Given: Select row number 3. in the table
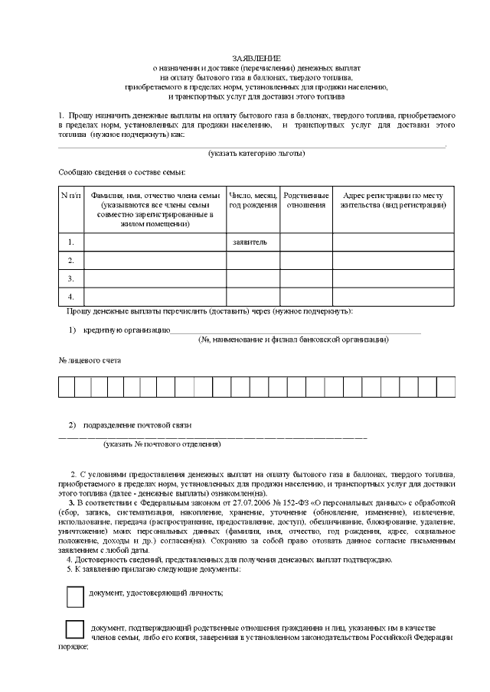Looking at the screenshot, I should tap(70, 278).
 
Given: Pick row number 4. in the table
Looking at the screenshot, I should tap(70, 296).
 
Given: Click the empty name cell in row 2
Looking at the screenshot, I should tap(155, 261).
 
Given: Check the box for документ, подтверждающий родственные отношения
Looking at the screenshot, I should tap(75, 629).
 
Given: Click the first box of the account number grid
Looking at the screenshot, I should tap(67, 387).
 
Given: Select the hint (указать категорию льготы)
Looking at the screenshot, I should tap(256, 154).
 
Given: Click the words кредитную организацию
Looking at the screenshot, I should tap(131, 330).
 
